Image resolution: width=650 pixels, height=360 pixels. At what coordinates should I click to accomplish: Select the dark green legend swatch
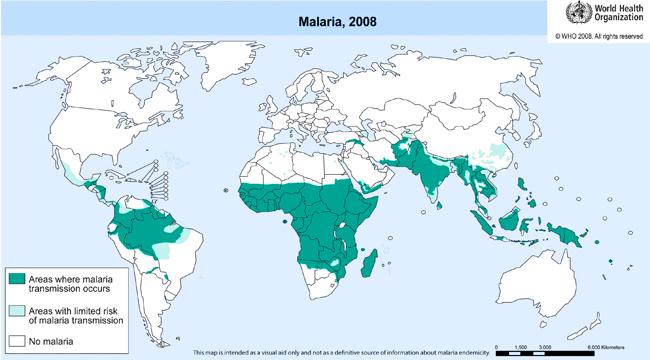point(18,275)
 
